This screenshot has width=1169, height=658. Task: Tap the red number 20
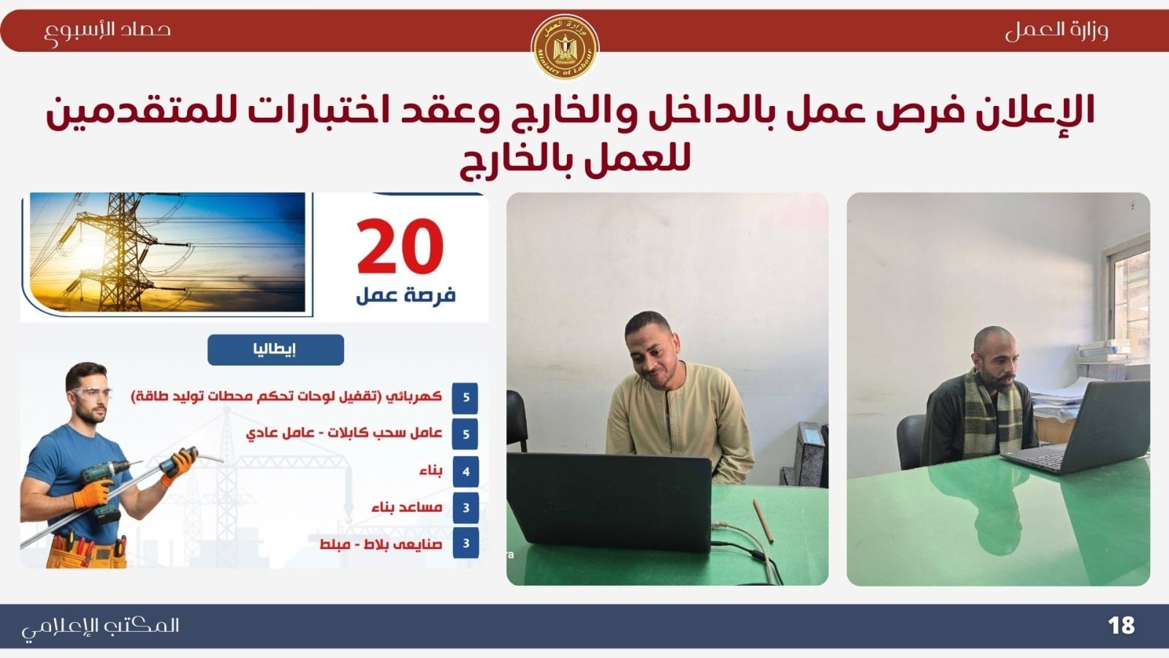400,246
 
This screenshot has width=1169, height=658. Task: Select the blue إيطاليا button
275,350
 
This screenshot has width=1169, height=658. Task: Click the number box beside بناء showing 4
465,472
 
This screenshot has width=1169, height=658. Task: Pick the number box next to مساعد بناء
465,507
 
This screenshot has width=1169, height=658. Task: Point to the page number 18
1121,626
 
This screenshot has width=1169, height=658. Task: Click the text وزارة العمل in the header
1056,30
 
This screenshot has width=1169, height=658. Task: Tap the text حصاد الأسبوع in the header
107,31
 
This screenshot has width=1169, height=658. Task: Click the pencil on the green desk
763,520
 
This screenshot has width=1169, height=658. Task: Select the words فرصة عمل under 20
405,295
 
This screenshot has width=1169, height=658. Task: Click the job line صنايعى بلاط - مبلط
381,544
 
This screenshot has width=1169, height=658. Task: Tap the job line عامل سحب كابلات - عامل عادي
344,434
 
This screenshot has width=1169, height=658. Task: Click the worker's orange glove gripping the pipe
178,465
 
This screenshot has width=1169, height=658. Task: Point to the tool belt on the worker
87,551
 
